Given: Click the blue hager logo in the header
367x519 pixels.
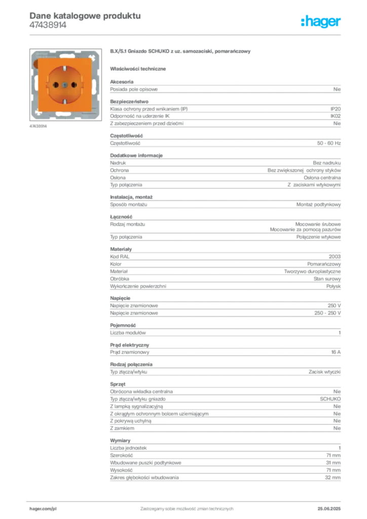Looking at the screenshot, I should tap(321, 22).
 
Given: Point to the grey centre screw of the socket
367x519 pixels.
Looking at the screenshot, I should tap(65, 84).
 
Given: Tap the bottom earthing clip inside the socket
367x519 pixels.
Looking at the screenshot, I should tap(65, 101).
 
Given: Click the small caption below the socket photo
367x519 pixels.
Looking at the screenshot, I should tap(39, 126).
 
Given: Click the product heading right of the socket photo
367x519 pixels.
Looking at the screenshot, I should tap(180, 52).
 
